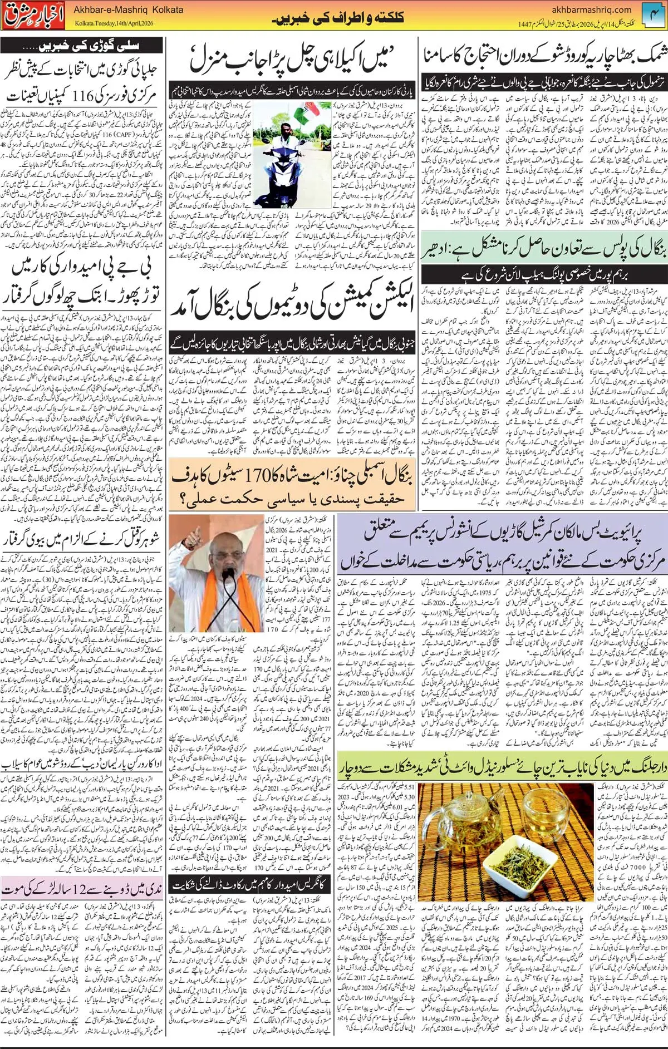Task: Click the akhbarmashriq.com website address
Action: [592, 9]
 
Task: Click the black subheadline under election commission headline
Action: [292, 340]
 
